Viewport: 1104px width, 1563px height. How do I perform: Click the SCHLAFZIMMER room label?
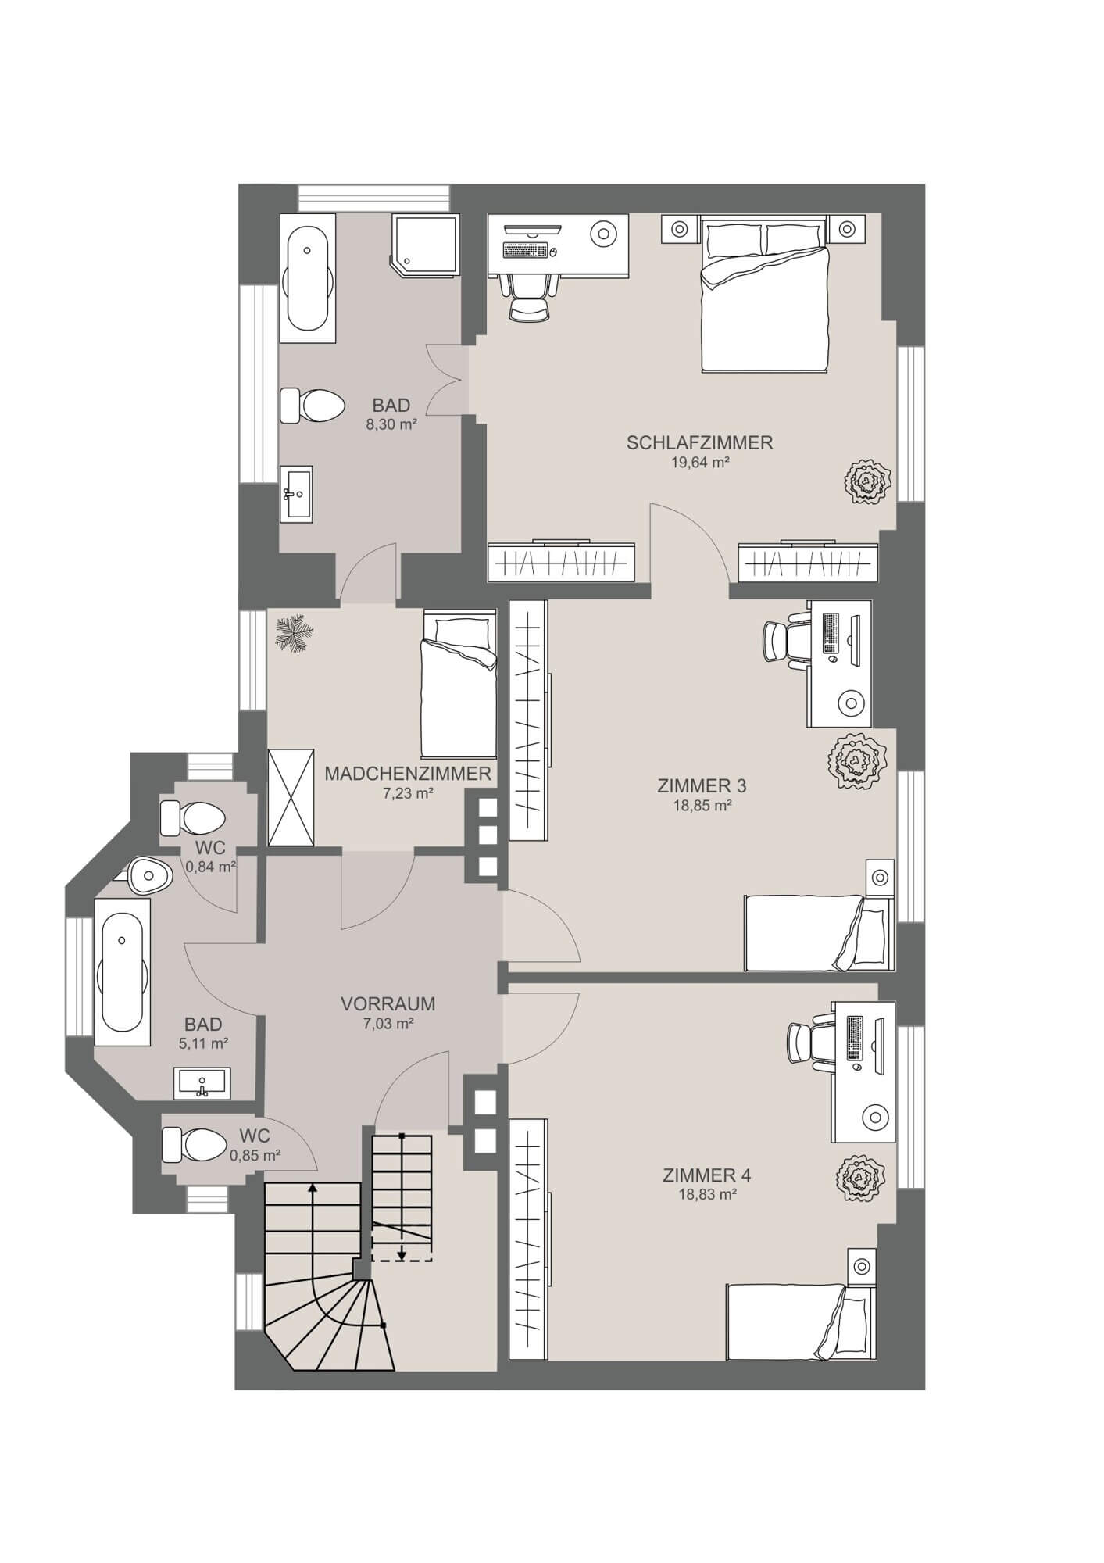pos(699,443)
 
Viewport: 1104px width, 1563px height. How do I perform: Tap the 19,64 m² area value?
pos(700,462)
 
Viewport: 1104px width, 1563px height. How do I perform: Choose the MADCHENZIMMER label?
pos(408,774)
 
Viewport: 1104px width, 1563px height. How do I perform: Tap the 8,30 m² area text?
pos(391,425)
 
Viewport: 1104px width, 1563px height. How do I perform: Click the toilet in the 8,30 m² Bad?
pos(313,406)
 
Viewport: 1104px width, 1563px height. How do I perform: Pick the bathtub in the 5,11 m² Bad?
pos(122,971)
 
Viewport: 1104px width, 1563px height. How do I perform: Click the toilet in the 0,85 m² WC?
pos(194,1145)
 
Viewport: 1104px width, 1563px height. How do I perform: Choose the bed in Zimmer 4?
pos(801,1322)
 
